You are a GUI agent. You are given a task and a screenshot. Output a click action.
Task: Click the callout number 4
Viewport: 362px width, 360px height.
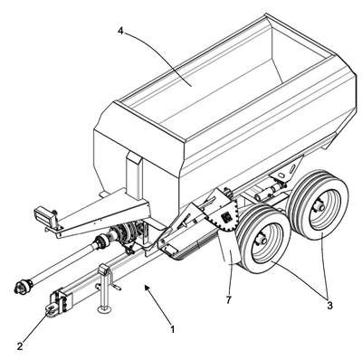tap(120, 31)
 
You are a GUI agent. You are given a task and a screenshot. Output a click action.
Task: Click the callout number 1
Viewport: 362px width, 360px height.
tap(172, 329)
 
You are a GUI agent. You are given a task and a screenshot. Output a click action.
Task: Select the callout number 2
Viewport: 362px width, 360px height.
tap(20, 346)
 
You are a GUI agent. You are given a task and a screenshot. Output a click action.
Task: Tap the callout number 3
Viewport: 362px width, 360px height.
tap(329, 305)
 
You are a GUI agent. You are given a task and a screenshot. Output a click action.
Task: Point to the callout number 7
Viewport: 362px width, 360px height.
tap(228, 300)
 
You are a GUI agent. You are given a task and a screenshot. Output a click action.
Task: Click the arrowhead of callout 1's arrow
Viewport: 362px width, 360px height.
tap(147, 288)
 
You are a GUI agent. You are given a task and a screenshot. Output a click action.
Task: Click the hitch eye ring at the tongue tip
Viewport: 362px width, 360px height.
tap(51, 309)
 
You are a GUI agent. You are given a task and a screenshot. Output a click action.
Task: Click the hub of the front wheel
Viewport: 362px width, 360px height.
tap(261, 241)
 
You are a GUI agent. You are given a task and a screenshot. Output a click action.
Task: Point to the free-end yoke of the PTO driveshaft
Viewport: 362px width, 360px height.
tap(24, 286)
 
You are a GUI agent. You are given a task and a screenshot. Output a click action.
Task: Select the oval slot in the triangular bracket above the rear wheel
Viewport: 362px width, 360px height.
tap(281, 175)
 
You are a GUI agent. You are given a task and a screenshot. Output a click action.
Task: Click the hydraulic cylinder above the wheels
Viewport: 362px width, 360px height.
tap(269, 191)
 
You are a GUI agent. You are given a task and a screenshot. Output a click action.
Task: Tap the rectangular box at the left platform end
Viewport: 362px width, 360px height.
tap(43, 214)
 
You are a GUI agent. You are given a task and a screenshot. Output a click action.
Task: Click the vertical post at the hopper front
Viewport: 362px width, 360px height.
tap(135, 175)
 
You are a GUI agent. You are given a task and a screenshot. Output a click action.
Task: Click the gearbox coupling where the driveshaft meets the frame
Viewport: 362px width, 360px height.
tap(124, 233)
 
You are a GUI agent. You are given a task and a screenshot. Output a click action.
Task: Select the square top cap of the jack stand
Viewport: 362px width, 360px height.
tap(104, 269)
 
